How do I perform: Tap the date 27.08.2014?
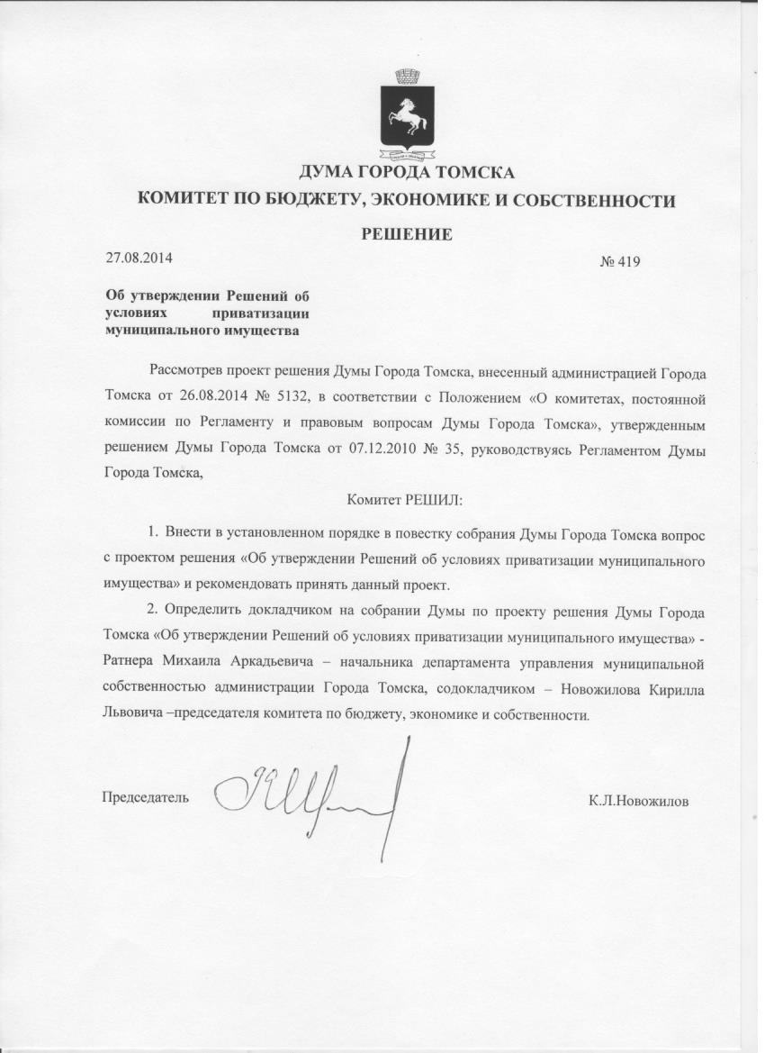(x=139, y=258)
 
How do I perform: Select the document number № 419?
(x=619, y=262)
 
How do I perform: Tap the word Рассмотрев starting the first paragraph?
(x=186, y=371)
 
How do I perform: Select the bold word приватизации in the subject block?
(x=261, y=313)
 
